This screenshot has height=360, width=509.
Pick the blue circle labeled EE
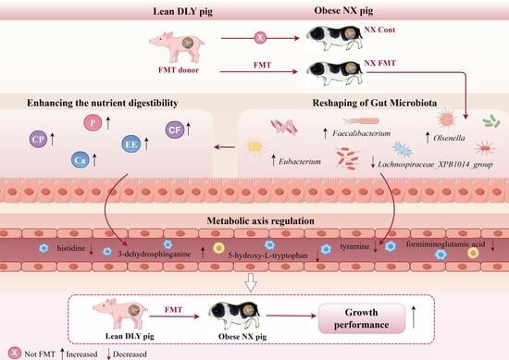[x=130, y=144]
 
